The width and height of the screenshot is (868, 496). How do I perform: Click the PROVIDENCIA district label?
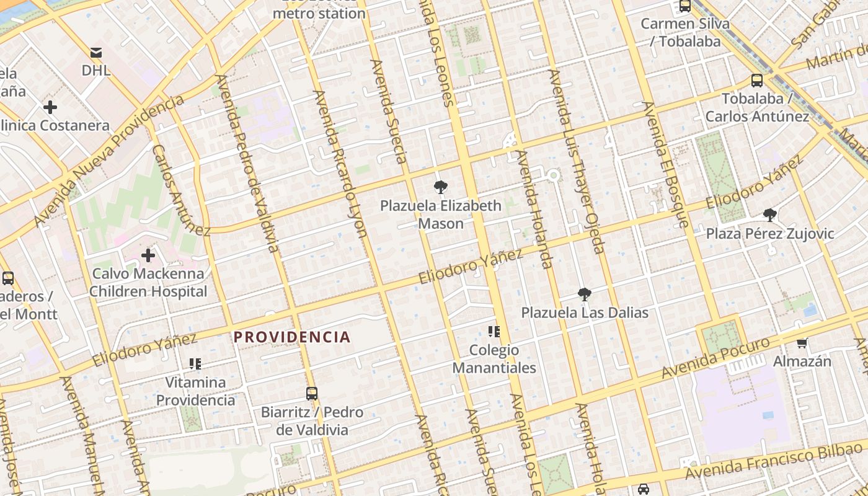pos(292,337)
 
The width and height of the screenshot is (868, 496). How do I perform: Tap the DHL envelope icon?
pos(96,52)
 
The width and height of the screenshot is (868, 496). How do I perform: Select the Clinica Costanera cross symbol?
pos(50,107)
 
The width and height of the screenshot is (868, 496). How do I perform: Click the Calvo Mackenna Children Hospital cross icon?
pos(148,255)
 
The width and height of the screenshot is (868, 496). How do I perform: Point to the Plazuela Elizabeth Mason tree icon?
pos(441,187)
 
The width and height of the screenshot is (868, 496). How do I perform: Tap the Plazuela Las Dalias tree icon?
pos(584,294)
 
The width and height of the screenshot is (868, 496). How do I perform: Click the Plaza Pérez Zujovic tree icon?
pos(770,215)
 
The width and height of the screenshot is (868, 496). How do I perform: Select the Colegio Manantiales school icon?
pos(494,331)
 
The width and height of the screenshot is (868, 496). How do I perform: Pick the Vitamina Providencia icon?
pos(195,363)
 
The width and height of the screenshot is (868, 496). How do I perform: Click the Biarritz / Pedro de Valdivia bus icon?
pos(312,393)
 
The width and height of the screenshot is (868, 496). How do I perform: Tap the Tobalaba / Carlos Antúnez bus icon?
pos(756,80)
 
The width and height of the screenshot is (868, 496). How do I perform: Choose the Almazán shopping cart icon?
pos(802,342)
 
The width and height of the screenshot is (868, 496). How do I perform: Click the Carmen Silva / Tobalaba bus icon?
pos(684,6)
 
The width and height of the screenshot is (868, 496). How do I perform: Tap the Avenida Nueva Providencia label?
pos(109,162)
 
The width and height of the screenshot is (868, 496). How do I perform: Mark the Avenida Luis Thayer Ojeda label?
pos(576,161)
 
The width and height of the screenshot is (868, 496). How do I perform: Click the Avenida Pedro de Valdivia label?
pos(247,164)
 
